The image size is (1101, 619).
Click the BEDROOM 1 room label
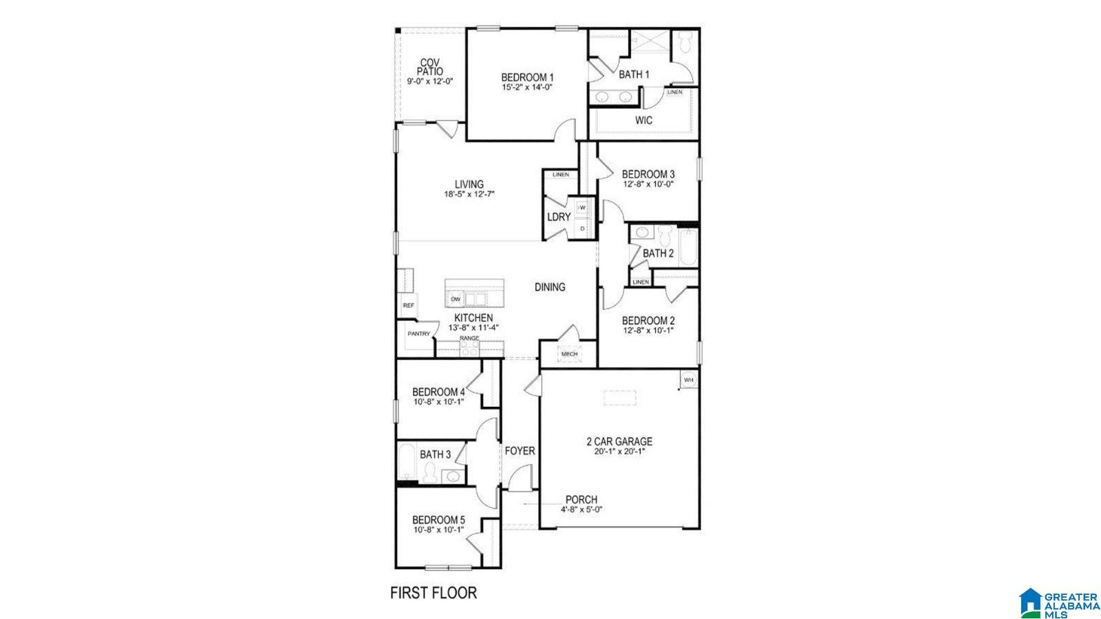[527, 77]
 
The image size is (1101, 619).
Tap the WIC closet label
[643, 120]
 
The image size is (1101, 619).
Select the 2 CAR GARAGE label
[619, 442]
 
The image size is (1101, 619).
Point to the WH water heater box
[688, 380]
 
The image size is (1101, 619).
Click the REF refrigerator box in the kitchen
[408, 305]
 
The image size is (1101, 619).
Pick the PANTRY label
[418, 334]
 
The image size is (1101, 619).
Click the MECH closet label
[569, 354]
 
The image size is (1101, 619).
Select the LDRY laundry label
[559, 217]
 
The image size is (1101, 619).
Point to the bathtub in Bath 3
[406, 464]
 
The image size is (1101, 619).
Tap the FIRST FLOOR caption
[434, 593]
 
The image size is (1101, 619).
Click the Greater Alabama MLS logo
[1059, 603]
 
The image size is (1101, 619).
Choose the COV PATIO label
[430, 67]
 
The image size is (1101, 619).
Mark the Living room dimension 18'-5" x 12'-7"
[469, 194]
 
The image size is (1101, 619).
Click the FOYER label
[520, 451]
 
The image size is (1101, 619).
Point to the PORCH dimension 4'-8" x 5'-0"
[581, 510]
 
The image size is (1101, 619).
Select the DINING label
[550, 287]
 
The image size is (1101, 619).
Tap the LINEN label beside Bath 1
[675, 92]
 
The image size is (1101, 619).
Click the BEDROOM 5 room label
[438, 520]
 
